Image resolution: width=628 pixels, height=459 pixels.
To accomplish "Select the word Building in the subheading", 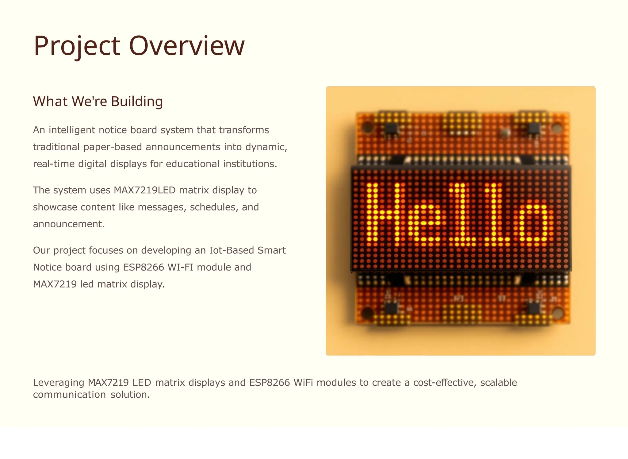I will (137, 102).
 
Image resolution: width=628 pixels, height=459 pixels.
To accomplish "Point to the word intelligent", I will (72, 130).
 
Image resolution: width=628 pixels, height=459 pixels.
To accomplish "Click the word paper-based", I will (113, 147).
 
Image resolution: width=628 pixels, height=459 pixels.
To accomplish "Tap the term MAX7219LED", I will (144, 190).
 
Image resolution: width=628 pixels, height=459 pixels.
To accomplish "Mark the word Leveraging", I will (59, 383).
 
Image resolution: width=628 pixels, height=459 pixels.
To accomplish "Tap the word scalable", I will (499, 383).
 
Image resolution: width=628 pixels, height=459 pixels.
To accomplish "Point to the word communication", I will (69, 395).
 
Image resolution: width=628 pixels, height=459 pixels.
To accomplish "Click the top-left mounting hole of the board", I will (367, 127).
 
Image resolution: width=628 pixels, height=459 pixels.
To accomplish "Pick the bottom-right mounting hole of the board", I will (557, 313).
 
